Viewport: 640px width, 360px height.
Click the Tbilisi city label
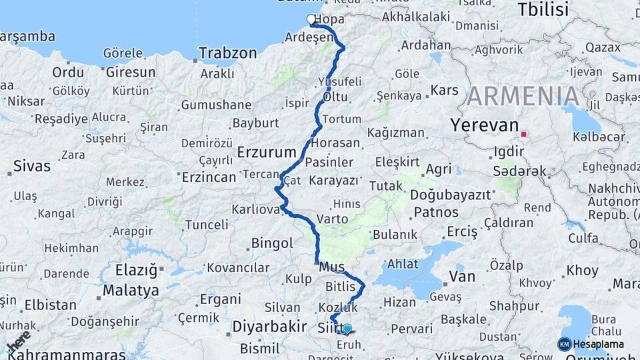(543, 9)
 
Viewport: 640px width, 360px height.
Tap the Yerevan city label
(484, 125)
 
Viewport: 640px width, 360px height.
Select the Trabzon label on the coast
(227, 53)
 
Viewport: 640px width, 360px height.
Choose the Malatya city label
(131, 291)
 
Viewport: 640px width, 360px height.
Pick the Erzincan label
(209, 177)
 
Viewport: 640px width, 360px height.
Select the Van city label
(463, 276)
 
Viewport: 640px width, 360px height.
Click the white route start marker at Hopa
(311, 20)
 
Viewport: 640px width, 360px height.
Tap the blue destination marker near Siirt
(347, 329)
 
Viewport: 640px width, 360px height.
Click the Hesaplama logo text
(598, 344)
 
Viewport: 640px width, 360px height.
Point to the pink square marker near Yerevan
(523, 135)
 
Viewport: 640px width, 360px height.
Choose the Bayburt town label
(255, 123)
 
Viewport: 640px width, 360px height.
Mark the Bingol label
(272, 243)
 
